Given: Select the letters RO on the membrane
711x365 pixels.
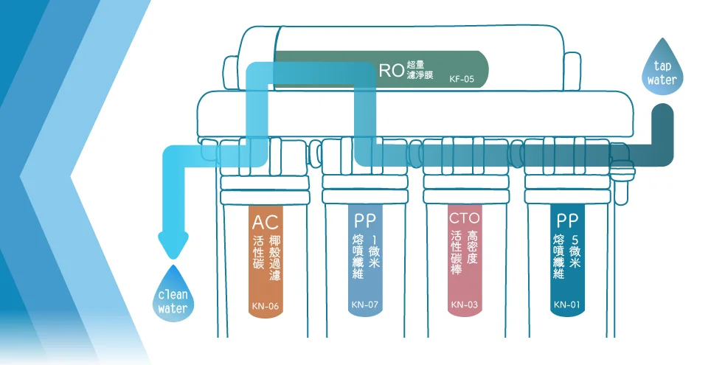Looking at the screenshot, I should point(391,71).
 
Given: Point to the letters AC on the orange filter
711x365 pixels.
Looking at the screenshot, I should point(265,222).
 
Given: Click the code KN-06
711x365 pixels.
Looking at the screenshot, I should point(265,305).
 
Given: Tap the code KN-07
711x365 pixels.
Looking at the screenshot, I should point(364,305).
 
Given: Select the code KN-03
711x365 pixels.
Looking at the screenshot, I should point(465,305).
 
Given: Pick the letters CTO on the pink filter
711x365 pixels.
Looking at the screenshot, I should point(465,218).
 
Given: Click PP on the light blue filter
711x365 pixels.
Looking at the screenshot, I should point(364,220).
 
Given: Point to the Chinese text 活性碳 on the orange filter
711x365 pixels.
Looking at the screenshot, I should point(257,252).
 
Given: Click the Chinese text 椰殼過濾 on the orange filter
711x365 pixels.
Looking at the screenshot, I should point(274,259).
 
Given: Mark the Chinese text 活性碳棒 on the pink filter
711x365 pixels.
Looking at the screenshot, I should point(455,254).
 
